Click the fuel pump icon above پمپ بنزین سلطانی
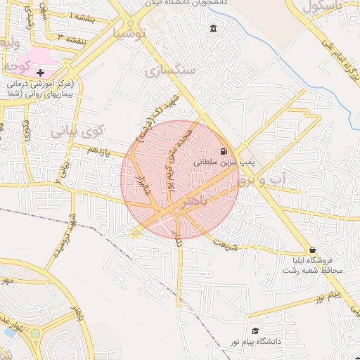224,151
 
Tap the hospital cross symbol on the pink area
40,72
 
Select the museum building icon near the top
213,28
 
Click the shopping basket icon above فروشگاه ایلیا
311,250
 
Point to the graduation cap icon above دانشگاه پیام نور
255,330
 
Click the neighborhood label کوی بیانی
77,131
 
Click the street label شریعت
225,247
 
